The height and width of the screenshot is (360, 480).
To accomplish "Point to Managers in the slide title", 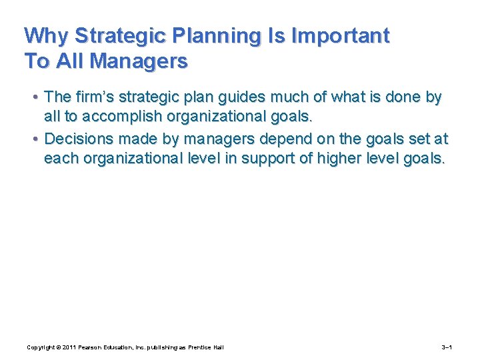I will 139,61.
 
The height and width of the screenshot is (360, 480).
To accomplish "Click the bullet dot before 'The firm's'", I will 34,98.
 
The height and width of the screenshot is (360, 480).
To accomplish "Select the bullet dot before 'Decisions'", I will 34,140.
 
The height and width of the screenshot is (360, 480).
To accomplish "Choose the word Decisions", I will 77,139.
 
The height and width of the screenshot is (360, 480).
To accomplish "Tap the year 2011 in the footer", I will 70,347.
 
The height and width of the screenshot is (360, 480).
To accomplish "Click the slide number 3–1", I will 447,347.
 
